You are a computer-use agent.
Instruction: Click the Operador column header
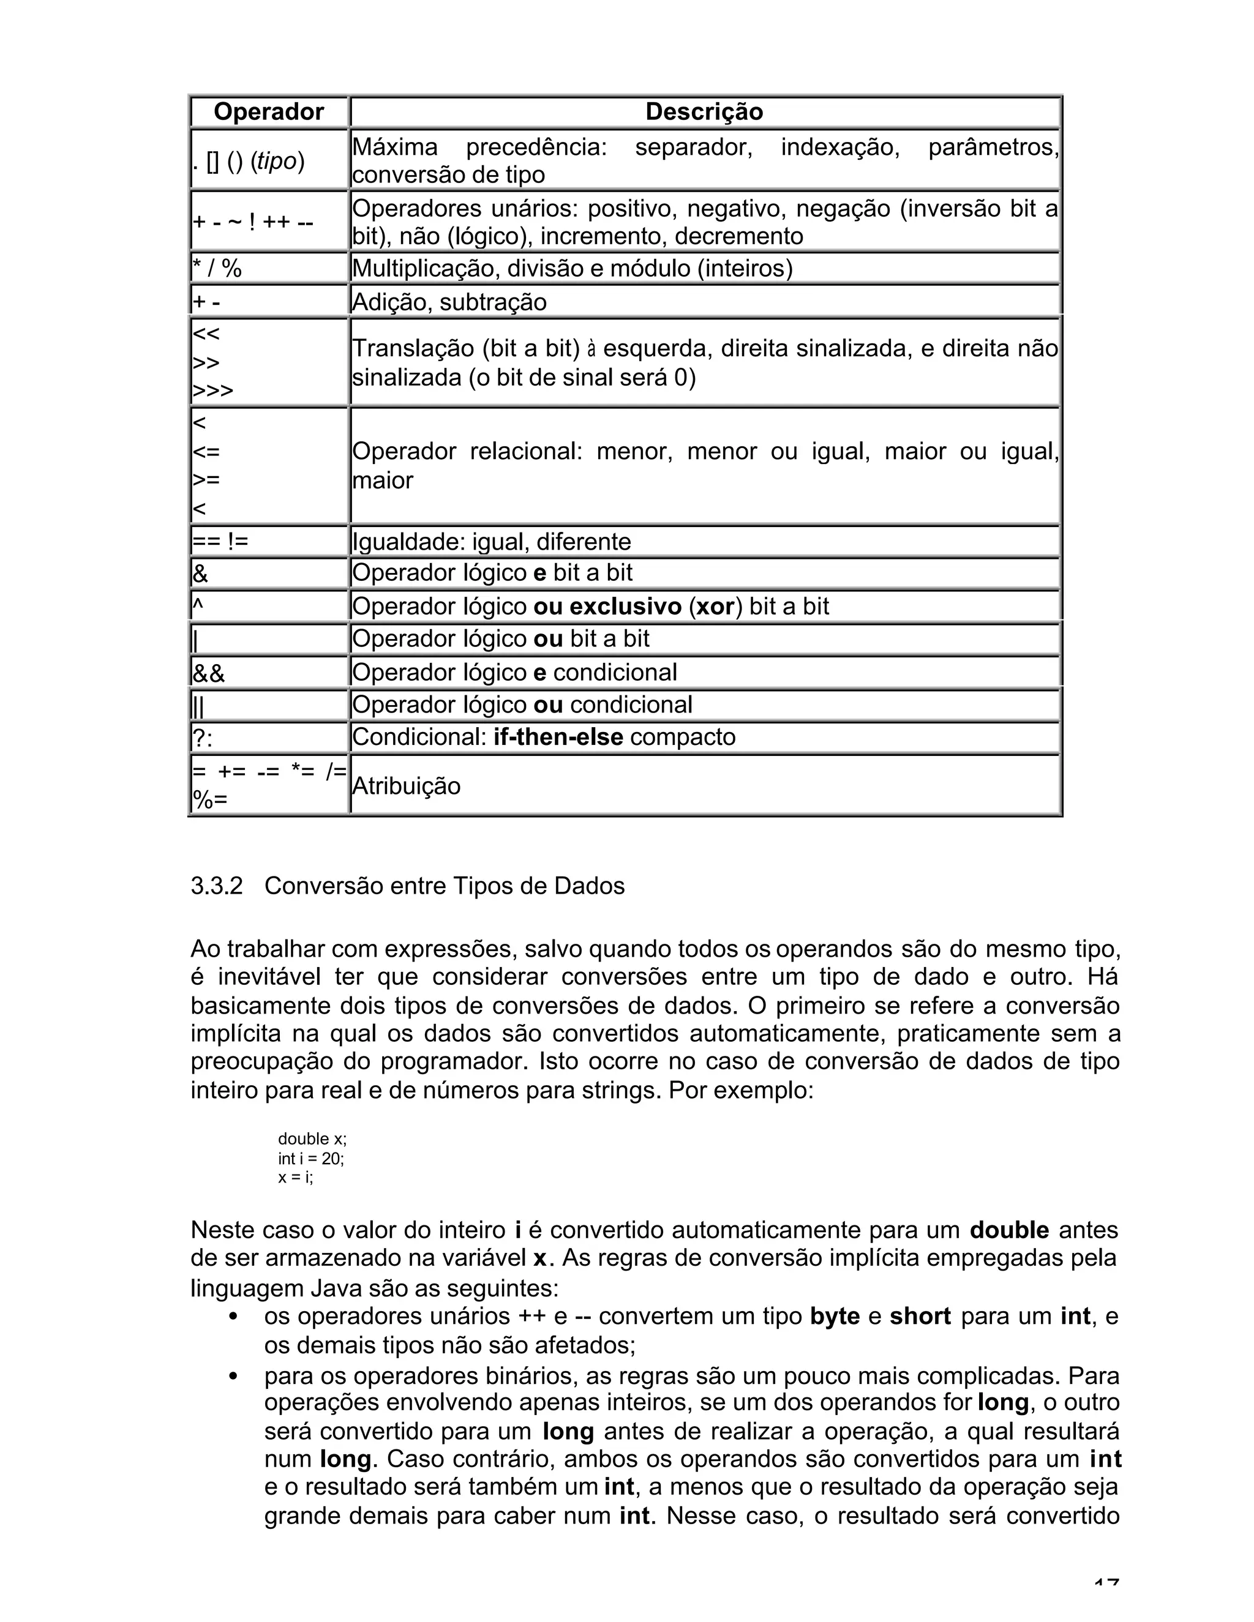click(x=268, y=112)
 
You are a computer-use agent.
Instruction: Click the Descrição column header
click(x=704, y=112)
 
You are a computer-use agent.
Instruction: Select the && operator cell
click(x=209, y=673)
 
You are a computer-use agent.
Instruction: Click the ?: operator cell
click(x=202, y=738)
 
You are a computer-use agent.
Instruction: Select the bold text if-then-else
click(x=558, y=737)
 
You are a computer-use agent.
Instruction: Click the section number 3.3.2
click(x=216, y=886)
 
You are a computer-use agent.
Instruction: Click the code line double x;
click(x=312, y=1139)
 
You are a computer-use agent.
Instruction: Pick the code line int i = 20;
click(x=310, y=1159)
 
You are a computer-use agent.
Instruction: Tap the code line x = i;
click(x=296, y=1178)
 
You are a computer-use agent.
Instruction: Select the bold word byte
click(x=835, y=1317)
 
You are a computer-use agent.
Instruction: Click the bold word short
click(x=920, y=1317)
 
